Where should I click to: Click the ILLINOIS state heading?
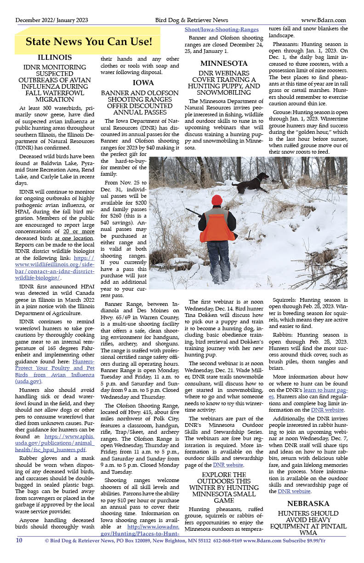point(54,58)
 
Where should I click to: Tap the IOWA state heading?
point(140,83)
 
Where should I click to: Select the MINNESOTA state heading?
point(224,63)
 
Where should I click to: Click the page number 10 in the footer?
point(19,540)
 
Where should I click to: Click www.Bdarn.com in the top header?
point(324,20)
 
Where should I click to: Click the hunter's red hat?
point(217,200)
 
